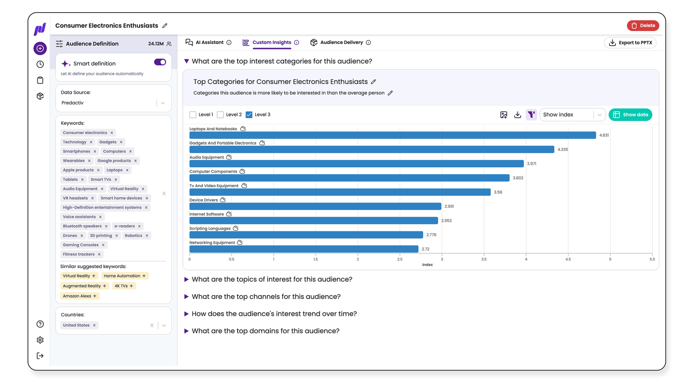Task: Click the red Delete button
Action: [643, 25]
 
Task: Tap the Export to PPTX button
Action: [630, 43]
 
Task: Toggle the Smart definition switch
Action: [160, 62]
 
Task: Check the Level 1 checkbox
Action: [193, 115]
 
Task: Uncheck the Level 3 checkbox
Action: [249, 115]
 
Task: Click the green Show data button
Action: [630, 115]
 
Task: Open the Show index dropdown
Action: [572, 115]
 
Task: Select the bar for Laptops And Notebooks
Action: [393, 135]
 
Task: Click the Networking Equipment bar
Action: [304, 249]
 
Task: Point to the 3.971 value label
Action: [532, 164]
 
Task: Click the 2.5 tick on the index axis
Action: [400, 259]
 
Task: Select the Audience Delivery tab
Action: [340, 42]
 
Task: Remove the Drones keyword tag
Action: [82, 236]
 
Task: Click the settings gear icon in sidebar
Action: [40, 340]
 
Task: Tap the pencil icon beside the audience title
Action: [165, 26]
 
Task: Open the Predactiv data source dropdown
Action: [113, 103]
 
